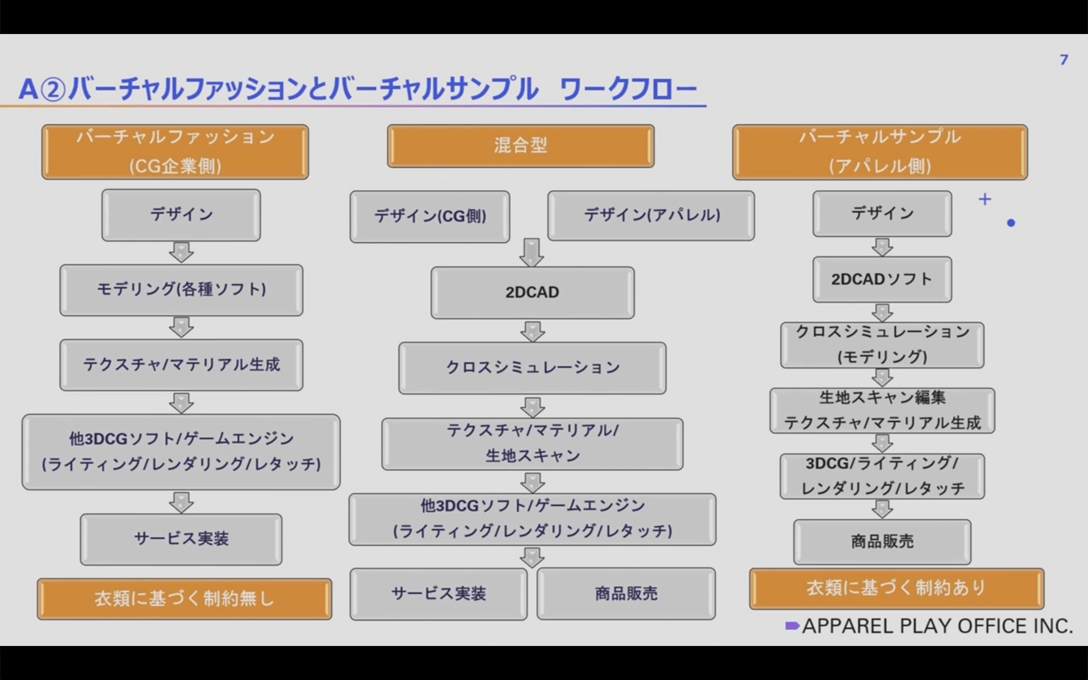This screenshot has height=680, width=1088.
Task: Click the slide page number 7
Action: pyautogui.click(x=1064, y=60)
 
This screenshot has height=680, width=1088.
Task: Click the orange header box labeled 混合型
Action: pyautogui.click(x=521, y=146)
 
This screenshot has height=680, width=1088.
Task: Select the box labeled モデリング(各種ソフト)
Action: pyautogui.click(x=181, y=290)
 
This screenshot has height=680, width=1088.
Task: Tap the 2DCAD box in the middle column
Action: pyautogui.click(x=532, y=292)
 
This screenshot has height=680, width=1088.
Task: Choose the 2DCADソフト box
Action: pyautogui.click(x=882, y=279)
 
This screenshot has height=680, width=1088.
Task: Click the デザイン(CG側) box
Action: pyautogui.click(x=430, y=216)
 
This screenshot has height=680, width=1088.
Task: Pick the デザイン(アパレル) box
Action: pyautogui.click(x=651, y=215)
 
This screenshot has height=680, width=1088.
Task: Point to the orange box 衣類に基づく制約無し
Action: pyautogui.click(x=185, y=598)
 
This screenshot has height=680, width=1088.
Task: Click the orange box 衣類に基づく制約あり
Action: pyautogui.click(x=896, y=589)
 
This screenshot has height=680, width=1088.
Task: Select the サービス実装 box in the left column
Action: pyautogui.click(x=181, y=539)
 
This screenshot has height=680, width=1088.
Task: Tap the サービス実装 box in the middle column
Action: pyautogui.click(x=439, y=594)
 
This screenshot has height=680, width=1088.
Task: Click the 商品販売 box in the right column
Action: pyautogui.click(x=882, y=542)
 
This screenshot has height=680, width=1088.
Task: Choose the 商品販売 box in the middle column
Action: pyautogui.click(x=626, y=594)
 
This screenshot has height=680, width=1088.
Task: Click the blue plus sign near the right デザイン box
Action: pyautogui.click(x=985, y=199)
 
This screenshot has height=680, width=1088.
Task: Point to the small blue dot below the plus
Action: pyautogui.click(x=1011, y=223)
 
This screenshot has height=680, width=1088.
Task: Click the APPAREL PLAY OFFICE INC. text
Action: pyautogui.click(x=937, y=626)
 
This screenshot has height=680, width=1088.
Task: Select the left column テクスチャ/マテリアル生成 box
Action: pyautogui.click(x=181, y=365)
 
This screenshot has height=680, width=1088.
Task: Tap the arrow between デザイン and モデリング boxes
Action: pyautogui.click(x=181, y=252)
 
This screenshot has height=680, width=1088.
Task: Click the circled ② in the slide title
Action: pyautogui.click(x=53, y=89)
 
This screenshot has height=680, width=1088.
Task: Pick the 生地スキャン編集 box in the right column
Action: pyautogui.click(x=882, y=410)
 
